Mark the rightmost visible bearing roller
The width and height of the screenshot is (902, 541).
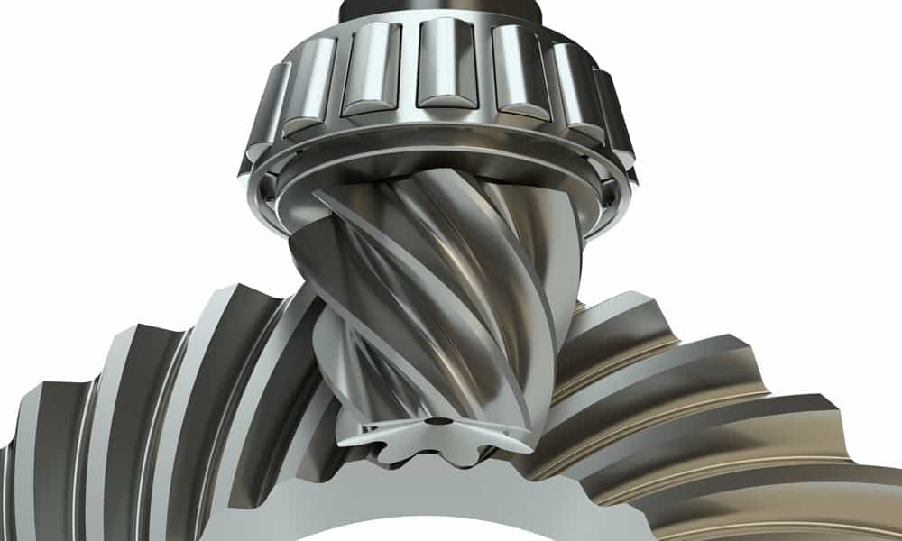(x=622, y=126)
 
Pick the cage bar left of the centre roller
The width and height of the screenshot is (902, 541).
(x=403, y=70)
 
